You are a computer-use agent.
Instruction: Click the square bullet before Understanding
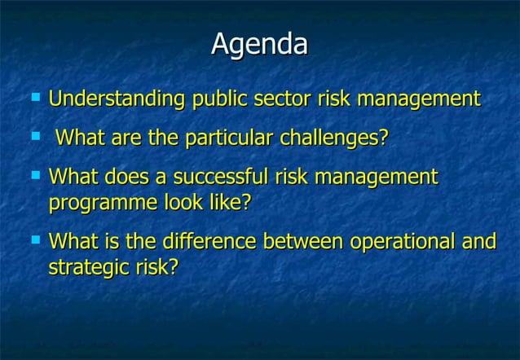34,97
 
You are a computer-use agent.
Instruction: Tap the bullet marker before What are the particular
34,135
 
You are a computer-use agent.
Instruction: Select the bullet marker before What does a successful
34,174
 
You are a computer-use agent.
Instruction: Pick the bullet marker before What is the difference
34,239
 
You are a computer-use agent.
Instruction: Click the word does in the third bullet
130,177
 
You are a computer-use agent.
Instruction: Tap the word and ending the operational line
481,242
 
